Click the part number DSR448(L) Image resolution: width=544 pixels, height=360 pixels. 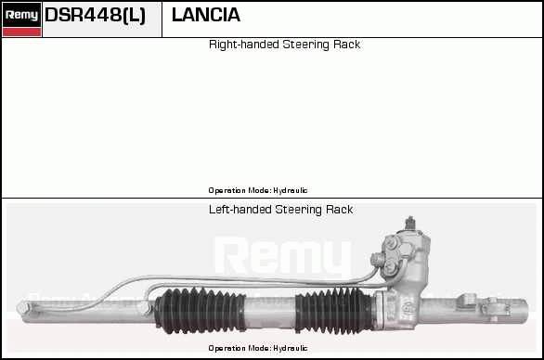coord(95,15)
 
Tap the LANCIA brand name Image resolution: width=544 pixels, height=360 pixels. coord(206,15)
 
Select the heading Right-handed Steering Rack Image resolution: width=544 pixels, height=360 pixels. coord(284,45)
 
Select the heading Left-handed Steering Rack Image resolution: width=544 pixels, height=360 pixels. coord(280,210)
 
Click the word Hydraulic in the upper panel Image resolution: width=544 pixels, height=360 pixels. coord(291,190)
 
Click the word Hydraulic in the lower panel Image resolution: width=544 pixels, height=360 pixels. coord(291,348)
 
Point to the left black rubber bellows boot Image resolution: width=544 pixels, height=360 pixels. coord(201,311)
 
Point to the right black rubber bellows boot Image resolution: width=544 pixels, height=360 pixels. coord(335,311)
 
